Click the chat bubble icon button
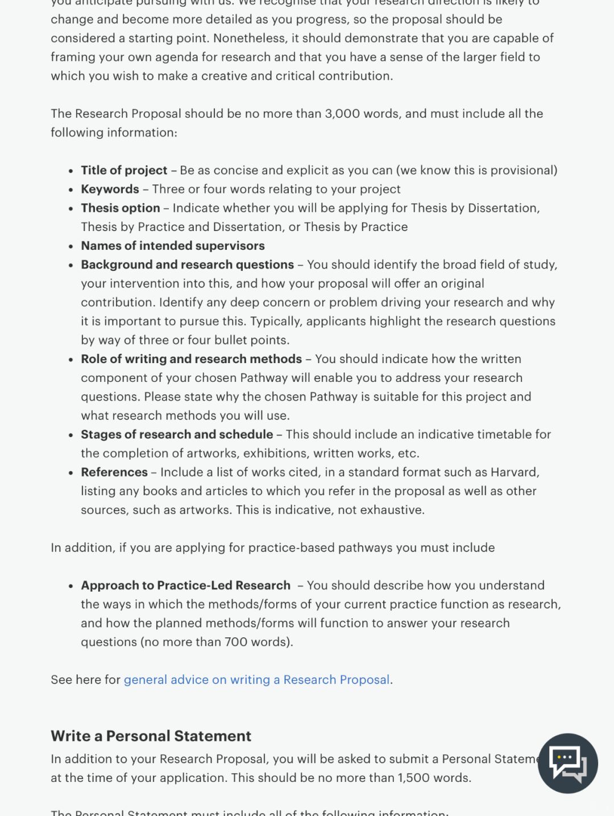567,763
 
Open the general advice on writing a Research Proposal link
256,679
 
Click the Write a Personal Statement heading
151,736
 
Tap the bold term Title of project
124,170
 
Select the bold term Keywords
110,189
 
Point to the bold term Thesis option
120,208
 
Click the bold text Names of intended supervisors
173,245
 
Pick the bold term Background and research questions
187,265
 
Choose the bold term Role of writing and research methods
191,359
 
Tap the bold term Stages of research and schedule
177,434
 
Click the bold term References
114,472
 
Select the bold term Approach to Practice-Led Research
185,586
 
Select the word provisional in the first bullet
521,170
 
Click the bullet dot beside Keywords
70,190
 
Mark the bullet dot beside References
70,473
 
